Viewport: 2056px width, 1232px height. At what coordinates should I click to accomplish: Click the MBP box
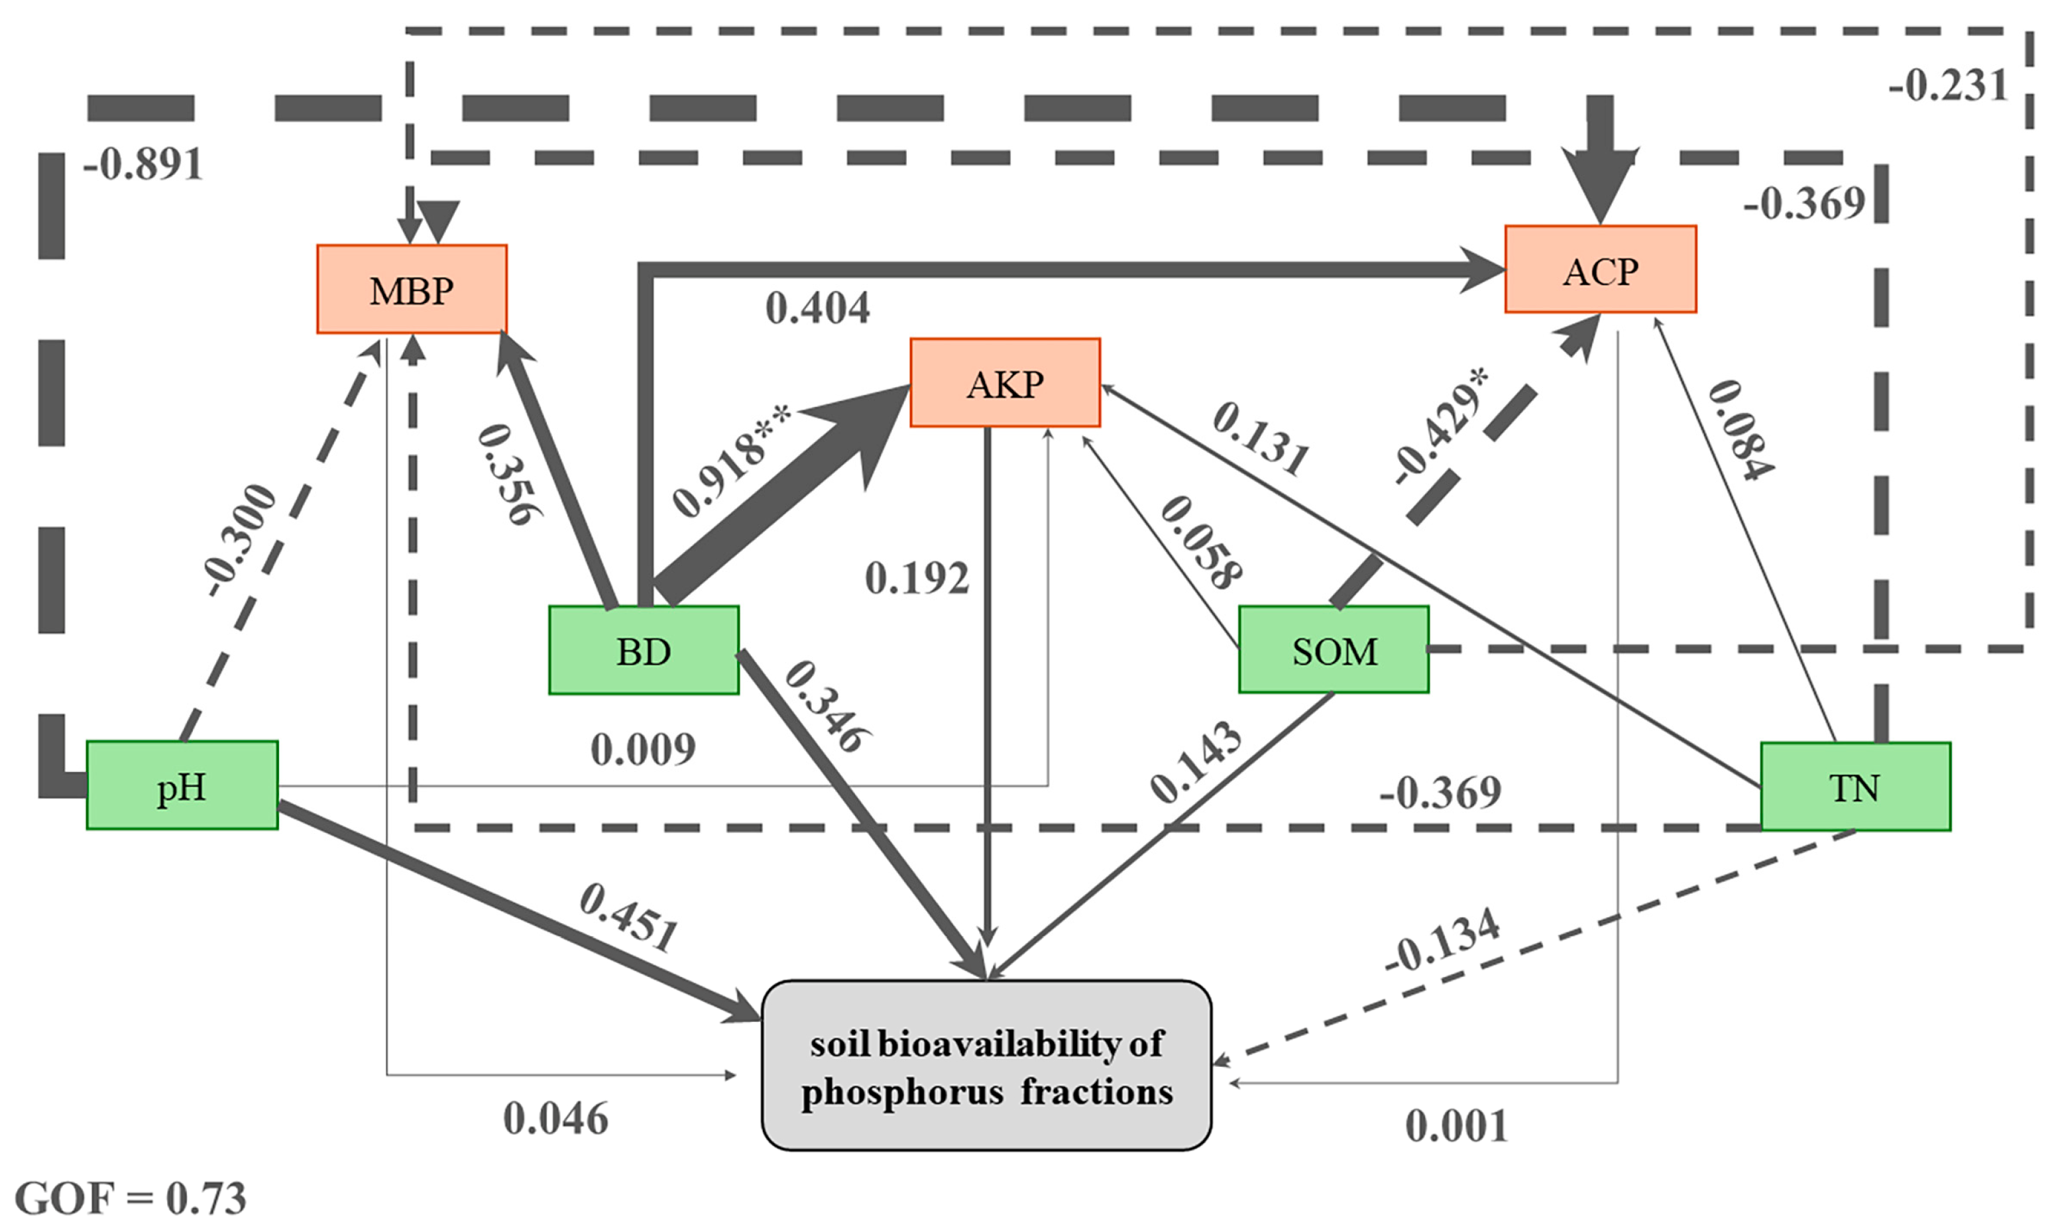tap(412, 290)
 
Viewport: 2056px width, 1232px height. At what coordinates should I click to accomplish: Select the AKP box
tap(1005, 384)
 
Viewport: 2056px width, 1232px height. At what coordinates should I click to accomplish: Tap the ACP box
tap(1600, 270)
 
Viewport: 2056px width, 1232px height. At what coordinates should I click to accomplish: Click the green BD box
tap(644, 651)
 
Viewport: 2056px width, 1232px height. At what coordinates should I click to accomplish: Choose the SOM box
tap(1334, 650)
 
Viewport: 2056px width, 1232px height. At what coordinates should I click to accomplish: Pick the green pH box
tap(182, 785)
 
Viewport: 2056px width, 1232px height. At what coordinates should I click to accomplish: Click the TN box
tap(1855, 787)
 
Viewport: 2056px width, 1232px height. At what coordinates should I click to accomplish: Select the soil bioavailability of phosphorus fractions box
tap(986, 1066)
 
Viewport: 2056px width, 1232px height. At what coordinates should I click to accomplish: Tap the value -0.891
tap(143, 164)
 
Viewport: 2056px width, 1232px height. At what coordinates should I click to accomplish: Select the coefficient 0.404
tap(818, 309)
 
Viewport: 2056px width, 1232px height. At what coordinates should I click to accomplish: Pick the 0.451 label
tap(629, 918)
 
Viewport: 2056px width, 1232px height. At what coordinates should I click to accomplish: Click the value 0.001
tap(1456, 1127)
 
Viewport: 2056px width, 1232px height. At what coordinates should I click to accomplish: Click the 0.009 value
tap(642, 750)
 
